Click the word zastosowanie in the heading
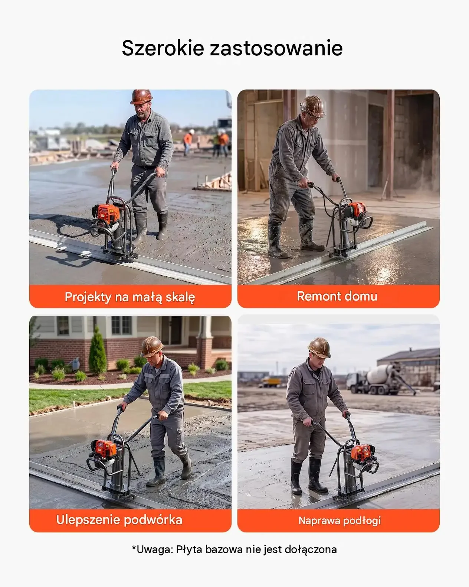pos(276,48)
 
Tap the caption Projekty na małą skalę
pos(130,297)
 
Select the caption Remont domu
pos(337,296)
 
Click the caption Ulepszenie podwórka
pos(119,520)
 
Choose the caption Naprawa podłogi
pos(340,521)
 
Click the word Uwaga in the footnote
pos(152,549)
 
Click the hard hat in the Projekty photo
pos(141,97)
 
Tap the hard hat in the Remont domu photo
pos(313,106)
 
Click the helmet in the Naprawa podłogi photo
pos(319,347)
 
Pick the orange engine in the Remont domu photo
pos(357,210)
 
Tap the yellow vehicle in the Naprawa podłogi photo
pos(270,381)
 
